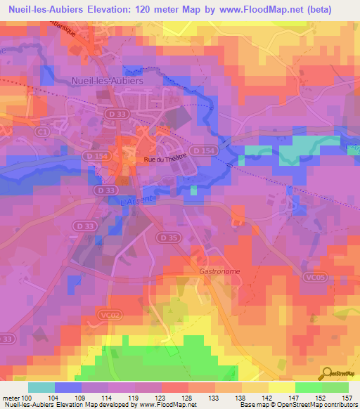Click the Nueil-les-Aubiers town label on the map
coord(107,80)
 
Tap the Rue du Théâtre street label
coord(164,160)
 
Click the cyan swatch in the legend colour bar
coord(41,387)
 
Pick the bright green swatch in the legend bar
coord(308,387)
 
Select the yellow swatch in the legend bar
coord(281,387)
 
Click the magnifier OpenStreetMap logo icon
coord(328,372)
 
